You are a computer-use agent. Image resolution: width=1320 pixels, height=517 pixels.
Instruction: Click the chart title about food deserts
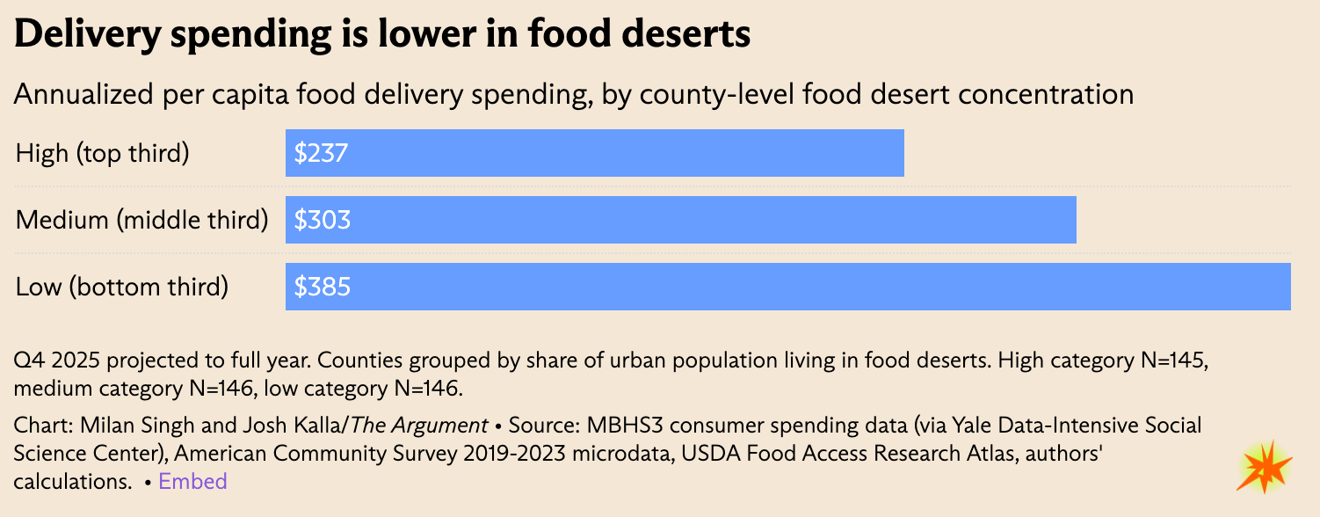pos(382,34)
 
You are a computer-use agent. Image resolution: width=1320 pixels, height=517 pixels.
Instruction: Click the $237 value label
pos(322,154)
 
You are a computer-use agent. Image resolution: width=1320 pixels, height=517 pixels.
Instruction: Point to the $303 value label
pos(323,220)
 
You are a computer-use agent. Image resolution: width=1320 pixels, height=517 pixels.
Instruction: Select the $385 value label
pos(323,287)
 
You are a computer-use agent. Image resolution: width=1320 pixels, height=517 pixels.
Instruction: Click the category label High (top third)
pos(103,154)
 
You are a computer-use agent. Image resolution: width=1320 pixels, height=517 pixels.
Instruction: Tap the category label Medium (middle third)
pos(141,220)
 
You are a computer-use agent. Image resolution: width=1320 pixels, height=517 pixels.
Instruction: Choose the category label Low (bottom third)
pos(122,287)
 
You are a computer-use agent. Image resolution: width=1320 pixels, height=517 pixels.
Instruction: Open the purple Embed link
pos(192,482)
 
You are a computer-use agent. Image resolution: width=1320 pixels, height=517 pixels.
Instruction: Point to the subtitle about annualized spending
pos(573,94)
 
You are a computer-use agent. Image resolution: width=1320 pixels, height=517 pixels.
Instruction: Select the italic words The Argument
pos(419,426)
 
